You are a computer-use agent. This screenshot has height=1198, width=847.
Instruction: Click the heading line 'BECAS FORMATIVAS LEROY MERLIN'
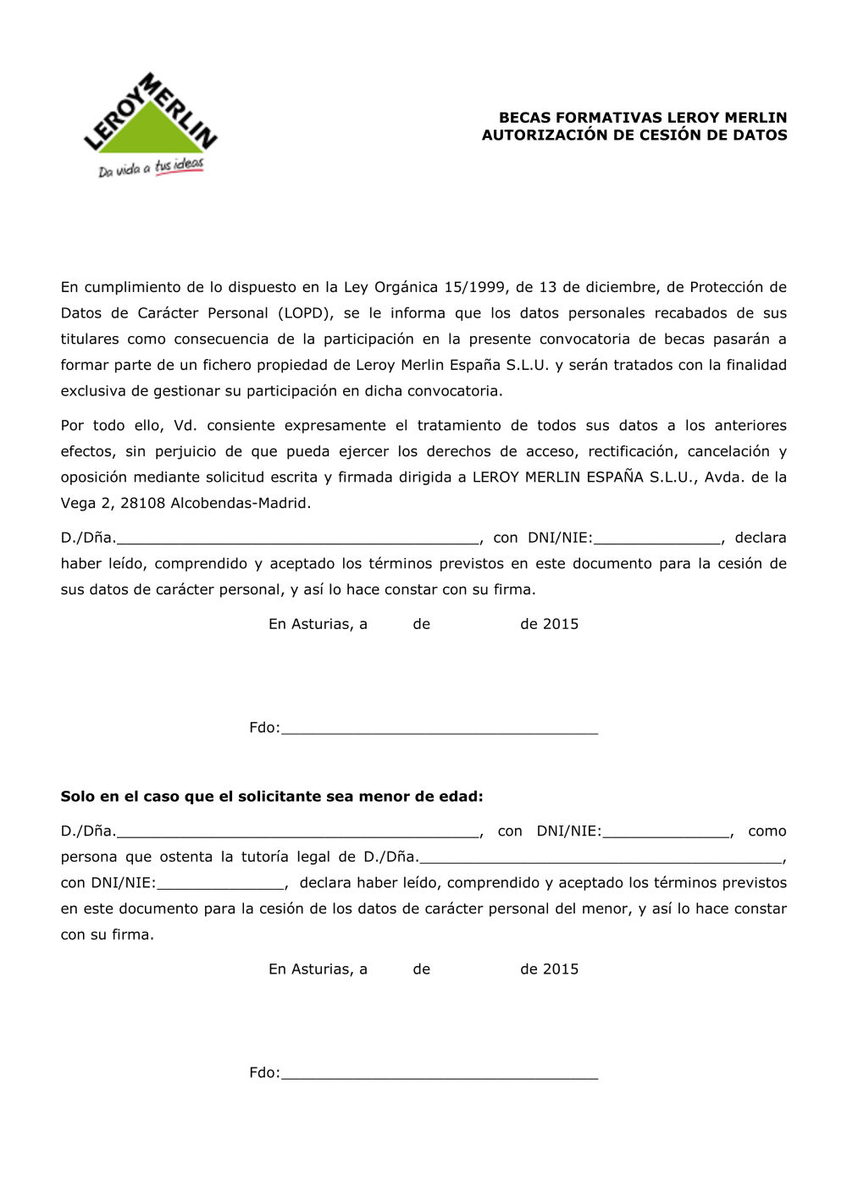(642, 118)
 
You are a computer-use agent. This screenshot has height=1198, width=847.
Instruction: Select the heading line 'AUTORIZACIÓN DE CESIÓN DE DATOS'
(634, 135)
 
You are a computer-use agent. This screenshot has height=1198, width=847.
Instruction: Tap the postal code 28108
(143, 504)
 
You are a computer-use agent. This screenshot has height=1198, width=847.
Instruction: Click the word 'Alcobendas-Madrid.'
(241, 504)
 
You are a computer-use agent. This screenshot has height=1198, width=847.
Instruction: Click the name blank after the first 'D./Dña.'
(296, 539)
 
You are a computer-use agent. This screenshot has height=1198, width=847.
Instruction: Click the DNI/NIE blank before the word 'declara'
(657, 539)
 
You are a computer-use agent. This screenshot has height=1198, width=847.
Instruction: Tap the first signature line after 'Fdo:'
(439, 730)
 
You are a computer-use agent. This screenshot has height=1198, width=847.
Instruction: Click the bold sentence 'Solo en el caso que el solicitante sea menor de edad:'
(272, 797)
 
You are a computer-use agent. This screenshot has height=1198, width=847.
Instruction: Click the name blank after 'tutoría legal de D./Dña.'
(601, 858)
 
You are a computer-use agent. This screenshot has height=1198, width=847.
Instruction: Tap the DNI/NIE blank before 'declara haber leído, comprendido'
(220, 885)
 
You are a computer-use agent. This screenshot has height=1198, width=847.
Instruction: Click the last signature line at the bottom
(439, 1075)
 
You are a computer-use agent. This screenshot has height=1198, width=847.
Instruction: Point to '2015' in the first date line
(561, 625)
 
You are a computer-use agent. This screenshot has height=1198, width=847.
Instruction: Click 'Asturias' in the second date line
(318, 969)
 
